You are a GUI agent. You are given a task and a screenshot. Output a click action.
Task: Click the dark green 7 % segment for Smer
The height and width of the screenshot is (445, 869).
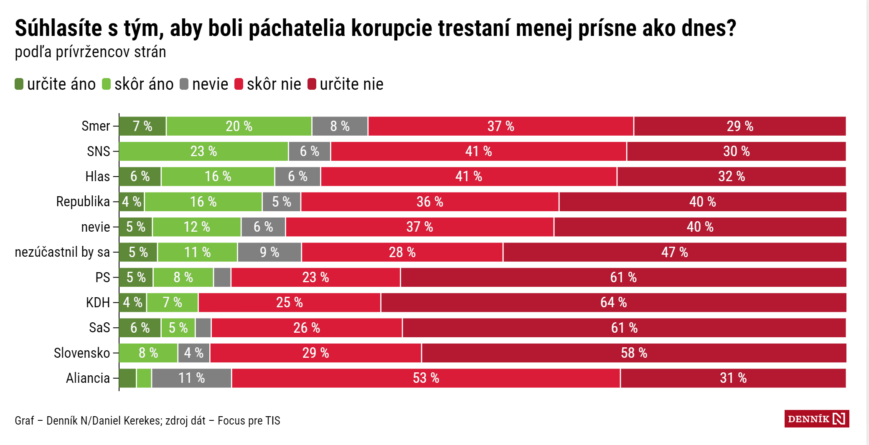coord(142,126)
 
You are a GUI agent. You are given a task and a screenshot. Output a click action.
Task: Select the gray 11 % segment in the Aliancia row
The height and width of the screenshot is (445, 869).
coord(191,378)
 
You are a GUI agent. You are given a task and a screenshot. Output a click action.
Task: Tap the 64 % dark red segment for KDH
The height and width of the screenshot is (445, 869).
coord(613,303)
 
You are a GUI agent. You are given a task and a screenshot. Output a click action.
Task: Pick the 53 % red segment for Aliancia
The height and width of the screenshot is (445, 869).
coord(426,378)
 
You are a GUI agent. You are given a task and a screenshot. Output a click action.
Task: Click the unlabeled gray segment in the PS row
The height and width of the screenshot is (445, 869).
coord(222,278)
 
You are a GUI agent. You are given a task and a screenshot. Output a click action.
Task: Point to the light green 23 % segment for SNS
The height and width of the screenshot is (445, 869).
coord(203,152)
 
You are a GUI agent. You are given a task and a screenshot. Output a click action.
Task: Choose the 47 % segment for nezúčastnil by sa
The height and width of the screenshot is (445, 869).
coord(674,252)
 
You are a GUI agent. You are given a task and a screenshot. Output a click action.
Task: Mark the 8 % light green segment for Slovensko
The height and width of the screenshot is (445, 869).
coord(148,353)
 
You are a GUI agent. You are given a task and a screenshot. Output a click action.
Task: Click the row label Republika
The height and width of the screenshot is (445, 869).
coord(83,202)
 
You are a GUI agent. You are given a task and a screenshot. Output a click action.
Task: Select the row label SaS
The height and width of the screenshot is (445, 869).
coord(99,328)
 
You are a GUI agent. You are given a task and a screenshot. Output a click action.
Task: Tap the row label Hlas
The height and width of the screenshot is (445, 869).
coord(97,177)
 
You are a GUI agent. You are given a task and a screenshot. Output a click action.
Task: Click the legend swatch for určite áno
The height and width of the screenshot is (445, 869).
coord(19,84)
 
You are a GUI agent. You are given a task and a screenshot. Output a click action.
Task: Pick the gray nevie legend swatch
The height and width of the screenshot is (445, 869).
coord(184,84)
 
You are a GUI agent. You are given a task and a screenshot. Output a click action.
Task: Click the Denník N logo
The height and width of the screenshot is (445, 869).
coord(816,419)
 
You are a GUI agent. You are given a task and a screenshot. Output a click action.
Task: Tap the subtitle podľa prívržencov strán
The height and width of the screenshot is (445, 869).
coord(90,52)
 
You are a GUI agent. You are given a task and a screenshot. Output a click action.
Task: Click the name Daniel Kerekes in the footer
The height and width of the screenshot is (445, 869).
coord(126,421)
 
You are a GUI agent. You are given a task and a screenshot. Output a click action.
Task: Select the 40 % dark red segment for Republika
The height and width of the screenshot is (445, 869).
coord(702,202)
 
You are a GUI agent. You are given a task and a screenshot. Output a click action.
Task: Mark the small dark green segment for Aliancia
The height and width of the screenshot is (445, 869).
coord(127,378)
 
